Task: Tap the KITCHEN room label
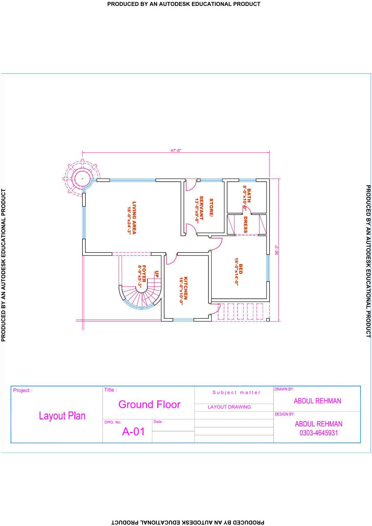tap(183, 288)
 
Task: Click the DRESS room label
tap(245, 224)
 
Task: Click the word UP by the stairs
tap(157, 274)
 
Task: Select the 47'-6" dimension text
tap(176, 150)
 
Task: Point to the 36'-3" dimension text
tap(277, 250)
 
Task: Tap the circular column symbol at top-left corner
tap(82, 178)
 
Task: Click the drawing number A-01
tap(133, 432)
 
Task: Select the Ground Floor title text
tap(150, 405)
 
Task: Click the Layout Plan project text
tap(62, 416)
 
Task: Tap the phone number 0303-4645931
tap(319, 433)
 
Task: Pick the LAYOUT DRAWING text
tap(229, 407)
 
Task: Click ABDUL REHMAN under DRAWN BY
tap(317, 401)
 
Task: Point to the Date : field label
tap(159, 422)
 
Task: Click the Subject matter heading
tap(236, 392)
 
